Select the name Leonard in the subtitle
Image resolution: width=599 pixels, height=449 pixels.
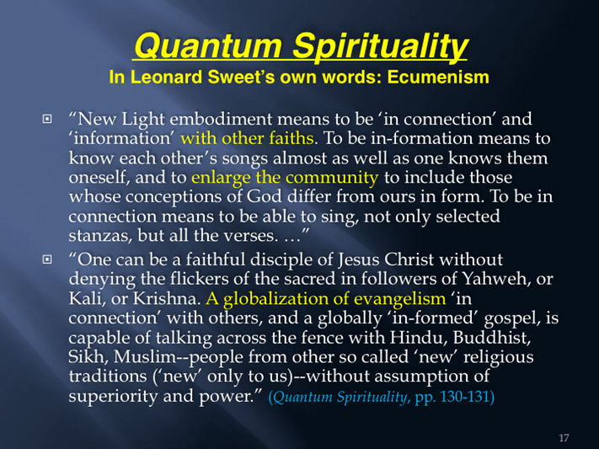pos(167,78)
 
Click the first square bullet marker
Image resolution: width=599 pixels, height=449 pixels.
pos(47,120)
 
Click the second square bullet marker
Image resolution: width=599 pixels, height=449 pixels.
pos(47,259)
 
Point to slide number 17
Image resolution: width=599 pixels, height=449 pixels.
pos(564,438)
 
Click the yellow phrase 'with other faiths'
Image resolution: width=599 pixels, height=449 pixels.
pos(247,138)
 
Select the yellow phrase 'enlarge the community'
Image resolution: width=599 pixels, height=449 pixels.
pos(285,178)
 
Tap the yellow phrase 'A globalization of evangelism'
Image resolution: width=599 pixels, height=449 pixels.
pos(326,299)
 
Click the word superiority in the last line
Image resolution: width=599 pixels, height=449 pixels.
pos(113,396)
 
